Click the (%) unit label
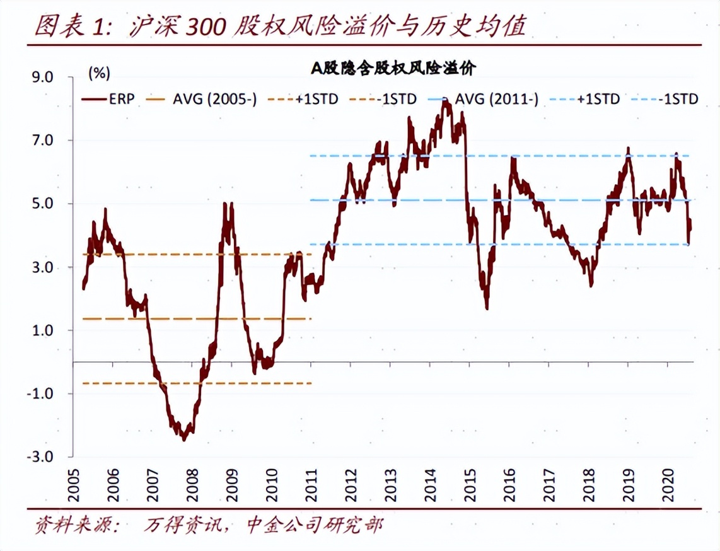pos(99,73)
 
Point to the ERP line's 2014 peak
pos(446,103)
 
